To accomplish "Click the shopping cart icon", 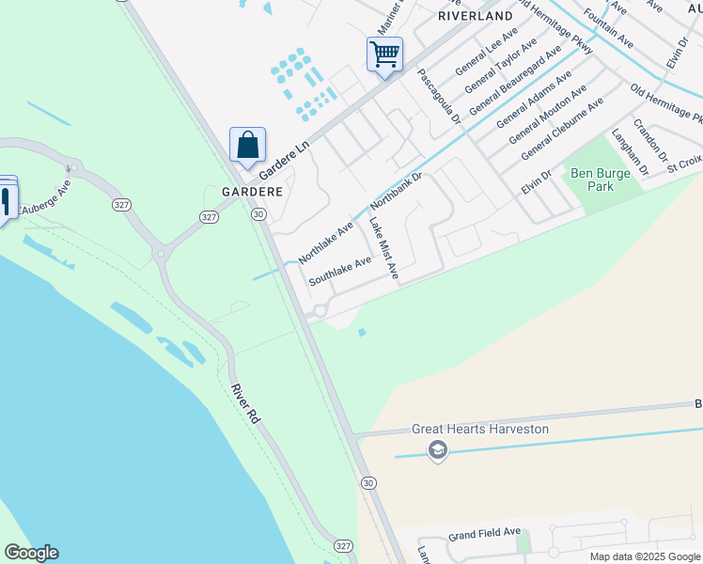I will tap(384, 55).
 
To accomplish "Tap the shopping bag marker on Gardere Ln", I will tap(247, 146).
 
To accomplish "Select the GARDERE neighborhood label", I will tap(252, 191).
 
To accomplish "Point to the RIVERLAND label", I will tap(476, 16).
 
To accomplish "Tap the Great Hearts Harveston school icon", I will tap(436, 451).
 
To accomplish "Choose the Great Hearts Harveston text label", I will tap(480, 430).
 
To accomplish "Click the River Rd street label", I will tap(245, 402).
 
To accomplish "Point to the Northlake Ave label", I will tap(325, 243).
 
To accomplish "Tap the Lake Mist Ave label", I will tap(383, 249).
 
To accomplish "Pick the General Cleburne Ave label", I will tap(562, 129).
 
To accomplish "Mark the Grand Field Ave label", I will tap(484, 533).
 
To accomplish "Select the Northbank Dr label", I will tap(397, 191).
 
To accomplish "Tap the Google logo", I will tap(31, 553).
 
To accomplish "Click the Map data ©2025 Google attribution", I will tap(644, 556).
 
